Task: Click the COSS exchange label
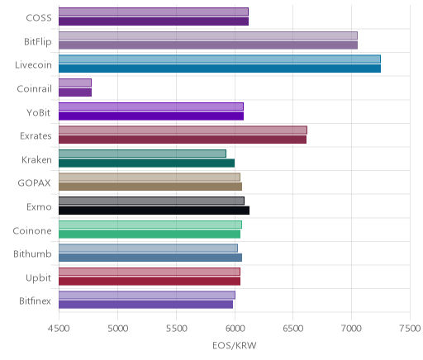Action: coord(39,18)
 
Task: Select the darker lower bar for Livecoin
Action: coord(220,69)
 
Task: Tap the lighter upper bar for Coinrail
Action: coord(75,83)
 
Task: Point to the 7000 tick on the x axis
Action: coord(351,329)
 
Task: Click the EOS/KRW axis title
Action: coord(235,345)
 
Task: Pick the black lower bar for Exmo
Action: coord(154,211)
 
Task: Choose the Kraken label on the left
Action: coord(36,160)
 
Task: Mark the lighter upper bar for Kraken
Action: coord(142,154)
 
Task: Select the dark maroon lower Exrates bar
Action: coord(183,140)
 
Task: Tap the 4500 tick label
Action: coord(59,329)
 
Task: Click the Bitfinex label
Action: coord(35,301)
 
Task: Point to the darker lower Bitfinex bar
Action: coord(145,305)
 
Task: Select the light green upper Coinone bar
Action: coord(150,225)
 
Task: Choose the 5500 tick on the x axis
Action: coord(176,329)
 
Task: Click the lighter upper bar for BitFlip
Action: coord(208,36)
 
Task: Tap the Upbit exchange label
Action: coord(38,278)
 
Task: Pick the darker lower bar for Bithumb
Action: coord(150,258)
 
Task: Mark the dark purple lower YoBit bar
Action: coord(151,116)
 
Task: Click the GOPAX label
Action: coord(34,183)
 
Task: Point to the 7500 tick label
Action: coord(411,329)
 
